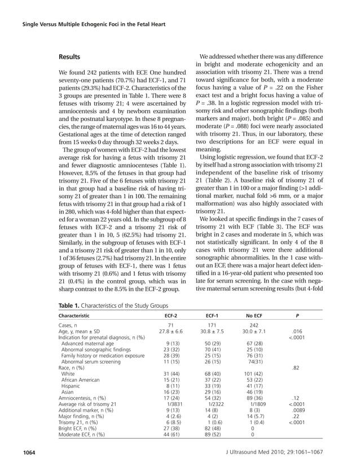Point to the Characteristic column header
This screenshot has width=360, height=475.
pyautogui.click(x=77, y=315)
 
